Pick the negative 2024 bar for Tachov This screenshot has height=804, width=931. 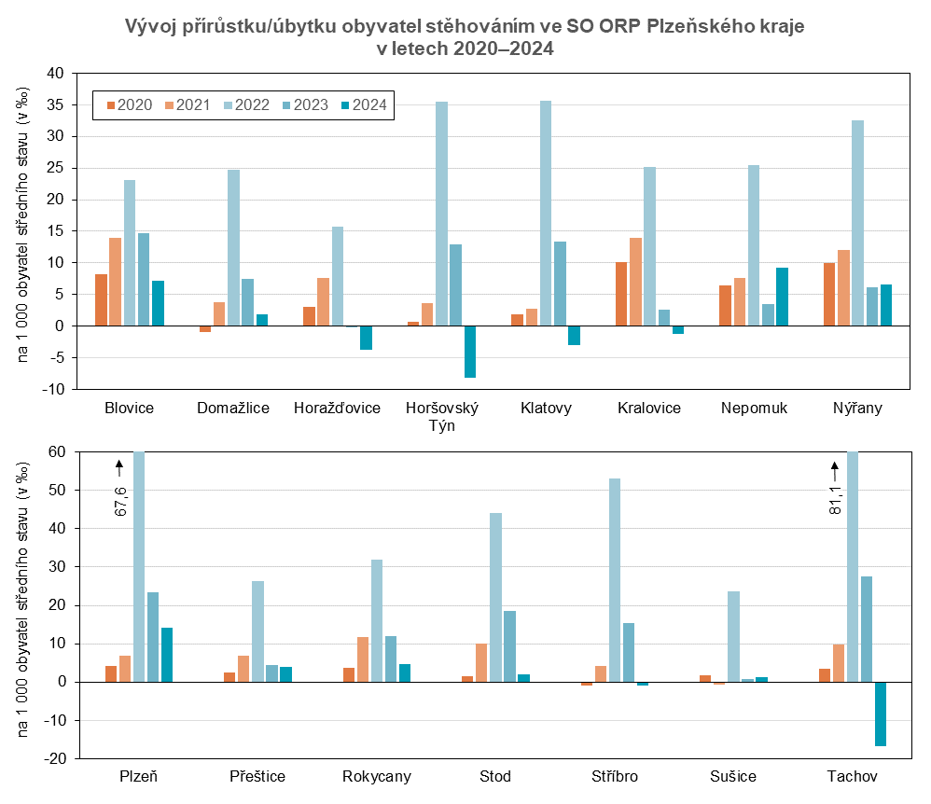[x=881, y=714]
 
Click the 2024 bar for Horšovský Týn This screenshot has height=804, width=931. [x=469, y=352]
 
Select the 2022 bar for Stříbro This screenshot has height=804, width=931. [x=615, y=579]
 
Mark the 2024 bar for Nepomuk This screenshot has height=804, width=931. [x=782, y=297]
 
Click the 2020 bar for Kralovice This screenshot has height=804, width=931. [x=621, y=294]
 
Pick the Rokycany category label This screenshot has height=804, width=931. [x=376, y=777]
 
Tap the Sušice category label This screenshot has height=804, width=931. [x=733, y=777]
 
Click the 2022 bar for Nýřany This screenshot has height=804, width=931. [x=858, y=223]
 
